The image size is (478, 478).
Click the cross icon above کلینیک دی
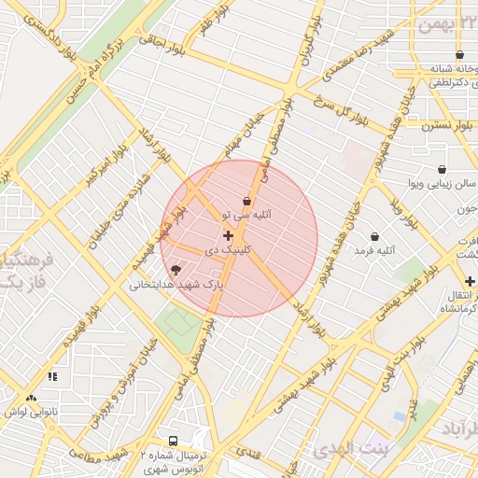coord(229,235)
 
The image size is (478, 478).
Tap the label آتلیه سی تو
coord(246,215)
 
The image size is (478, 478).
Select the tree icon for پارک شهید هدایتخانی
coord(176,270)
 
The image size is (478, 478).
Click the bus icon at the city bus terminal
coord(173,440)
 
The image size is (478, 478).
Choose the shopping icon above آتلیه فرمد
coord(375,236)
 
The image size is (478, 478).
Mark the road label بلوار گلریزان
coord(305,47)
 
